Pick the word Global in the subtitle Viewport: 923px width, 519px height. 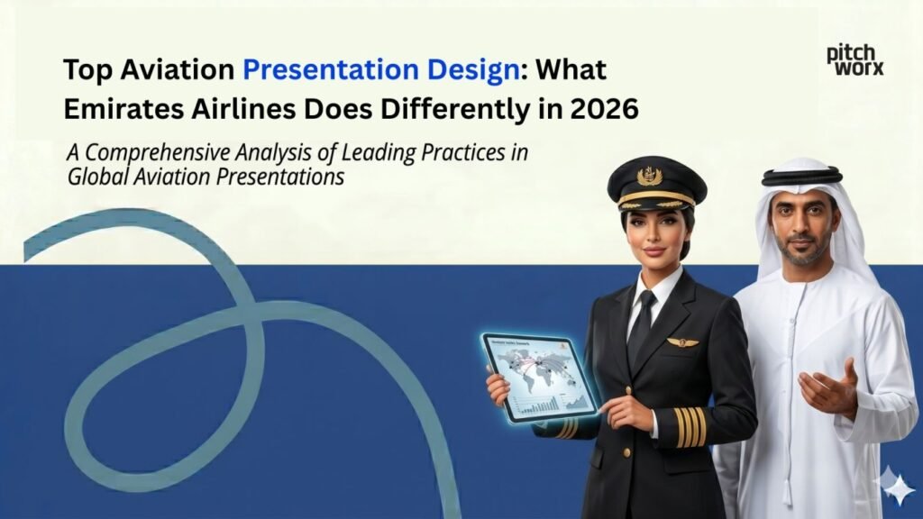tap(96, 177)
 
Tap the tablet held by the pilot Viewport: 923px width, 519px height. tap(539, 376)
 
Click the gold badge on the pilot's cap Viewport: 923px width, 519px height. tap(649, 176)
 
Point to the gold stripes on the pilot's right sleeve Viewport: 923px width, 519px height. tap(691, 426)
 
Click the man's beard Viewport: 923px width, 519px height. tap(801, 255)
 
